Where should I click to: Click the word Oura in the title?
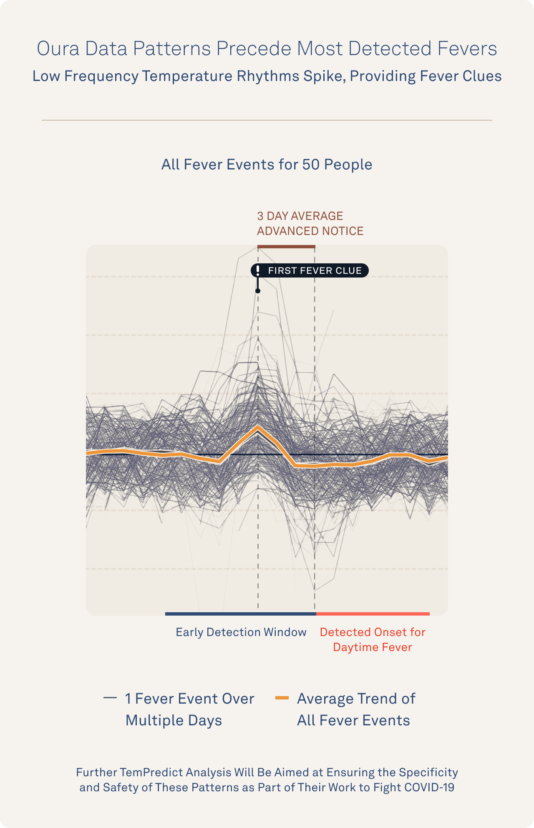click(x=58, y=48)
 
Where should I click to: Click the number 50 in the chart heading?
click(x=311, y=164)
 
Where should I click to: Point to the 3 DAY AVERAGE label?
click(x=300, y=216)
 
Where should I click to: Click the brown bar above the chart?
click(x=286, y=247)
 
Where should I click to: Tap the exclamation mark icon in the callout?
click(x=258, y=270)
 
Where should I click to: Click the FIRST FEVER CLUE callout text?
click(x=315, y=270)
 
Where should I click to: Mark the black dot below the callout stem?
click(x=258, y=291)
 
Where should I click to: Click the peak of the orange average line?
click(x=258, y=427)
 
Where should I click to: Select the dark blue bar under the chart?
click(x=240, y=614)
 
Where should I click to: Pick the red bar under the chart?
click(x=373, y=614)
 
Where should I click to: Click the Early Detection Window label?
click(x=241, y=632)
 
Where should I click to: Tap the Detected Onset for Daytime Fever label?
click(x=373, y=639)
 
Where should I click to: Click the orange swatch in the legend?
click(x=282, y=698)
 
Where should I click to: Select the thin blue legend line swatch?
click(x=110, y=698)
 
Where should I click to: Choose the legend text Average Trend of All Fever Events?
click(x=355, y=709)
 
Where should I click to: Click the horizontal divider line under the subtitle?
click(x=267, y=120)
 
